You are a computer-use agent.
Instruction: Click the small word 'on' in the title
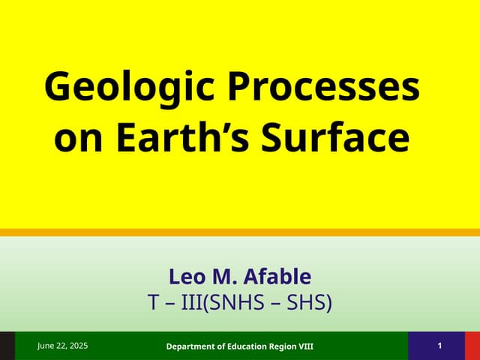click(77, 139)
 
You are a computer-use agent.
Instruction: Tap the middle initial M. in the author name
click(224, 277)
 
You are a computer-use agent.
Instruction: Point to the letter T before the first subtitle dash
click(154, 304)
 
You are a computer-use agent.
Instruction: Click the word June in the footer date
click(48, 346)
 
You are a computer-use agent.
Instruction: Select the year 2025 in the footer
click(77, 346)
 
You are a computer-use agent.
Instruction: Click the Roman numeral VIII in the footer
click(304, 346)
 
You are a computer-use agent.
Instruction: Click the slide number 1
click(439, 346)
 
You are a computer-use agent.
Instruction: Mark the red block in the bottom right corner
click(472, 346)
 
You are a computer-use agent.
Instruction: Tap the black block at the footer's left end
click(7, 346)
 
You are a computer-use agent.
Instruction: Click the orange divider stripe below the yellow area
click(240, 232)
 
